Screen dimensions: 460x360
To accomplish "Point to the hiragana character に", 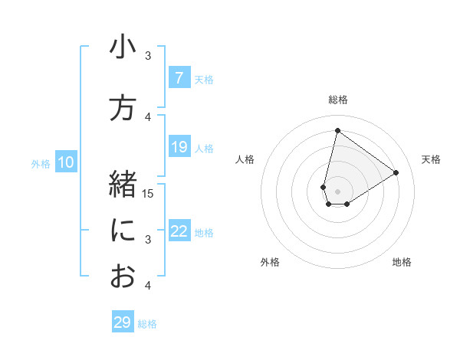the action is [123, 231].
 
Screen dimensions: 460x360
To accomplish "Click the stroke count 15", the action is [148, 193].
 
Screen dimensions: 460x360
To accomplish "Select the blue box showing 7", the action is [179, 78].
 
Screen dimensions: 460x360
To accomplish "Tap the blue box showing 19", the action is [179, 147].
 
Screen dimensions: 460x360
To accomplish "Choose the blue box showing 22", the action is [179, 231].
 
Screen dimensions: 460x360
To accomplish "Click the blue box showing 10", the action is [65, 162].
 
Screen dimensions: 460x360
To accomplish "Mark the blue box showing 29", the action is [122, 322].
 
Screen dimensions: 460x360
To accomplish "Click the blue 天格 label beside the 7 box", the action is [204, 79].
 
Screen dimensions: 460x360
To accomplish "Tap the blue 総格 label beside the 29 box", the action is [147, 324].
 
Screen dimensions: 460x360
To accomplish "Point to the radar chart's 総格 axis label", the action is [337, 100].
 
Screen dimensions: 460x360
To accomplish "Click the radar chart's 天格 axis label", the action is [431, 159].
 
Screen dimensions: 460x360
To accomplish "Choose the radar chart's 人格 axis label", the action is [245, 159].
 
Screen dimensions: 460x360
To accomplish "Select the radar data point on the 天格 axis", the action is [396, 172].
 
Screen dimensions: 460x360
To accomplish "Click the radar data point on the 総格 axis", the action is [337, 130].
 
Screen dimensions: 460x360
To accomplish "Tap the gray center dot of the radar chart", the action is [337, 191].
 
